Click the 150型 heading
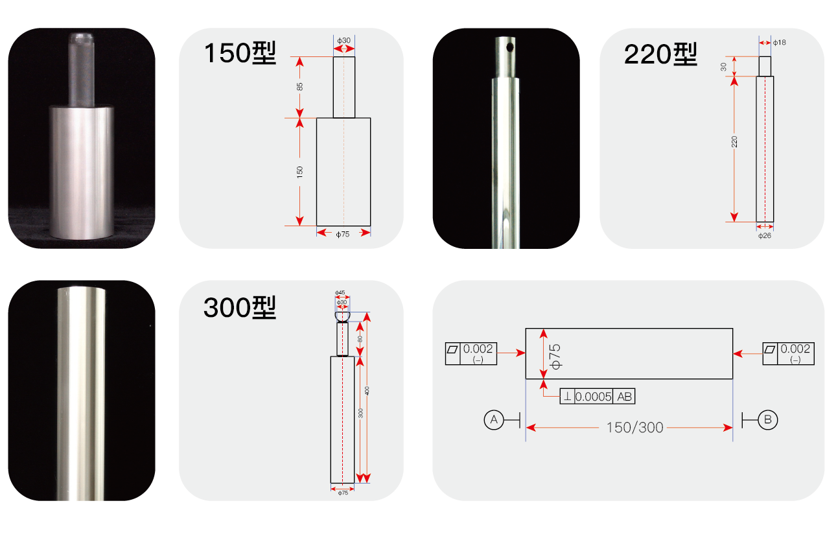240,53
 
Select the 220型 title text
660,55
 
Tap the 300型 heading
240,308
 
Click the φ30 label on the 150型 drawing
344,40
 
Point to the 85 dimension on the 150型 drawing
300,87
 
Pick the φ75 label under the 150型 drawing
343,235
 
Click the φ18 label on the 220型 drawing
780,42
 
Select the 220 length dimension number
734,142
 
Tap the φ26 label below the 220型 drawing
765,236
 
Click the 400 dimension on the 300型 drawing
367,391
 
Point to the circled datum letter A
493,420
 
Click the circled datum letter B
767,420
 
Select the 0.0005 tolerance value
594,397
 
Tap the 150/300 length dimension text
634,428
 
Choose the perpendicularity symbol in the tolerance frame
567,397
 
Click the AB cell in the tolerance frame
625,397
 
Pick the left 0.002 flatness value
478,349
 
